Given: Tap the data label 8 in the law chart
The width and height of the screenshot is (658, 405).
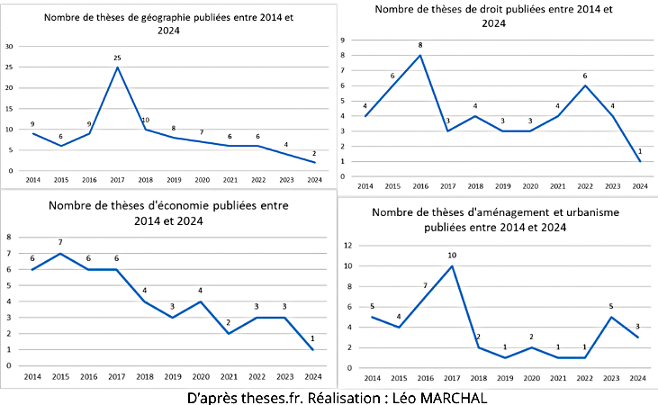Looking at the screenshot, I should pos(420,46).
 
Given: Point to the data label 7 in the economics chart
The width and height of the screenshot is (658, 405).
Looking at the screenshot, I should pos(59,243).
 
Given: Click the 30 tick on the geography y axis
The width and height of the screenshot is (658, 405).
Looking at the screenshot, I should pos(10,46).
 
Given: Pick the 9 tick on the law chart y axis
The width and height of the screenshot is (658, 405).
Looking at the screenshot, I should pos(343,40).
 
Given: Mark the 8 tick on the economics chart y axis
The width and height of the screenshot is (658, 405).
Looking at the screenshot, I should pos(9,237).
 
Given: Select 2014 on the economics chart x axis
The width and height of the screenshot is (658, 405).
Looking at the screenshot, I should pos(32,376).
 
